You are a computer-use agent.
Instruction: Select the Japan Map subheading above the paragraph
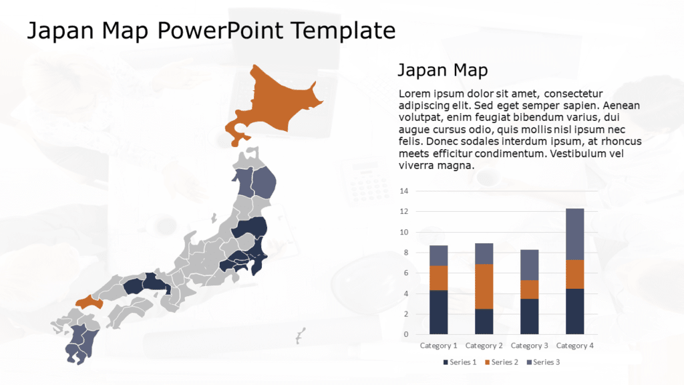(442, 70)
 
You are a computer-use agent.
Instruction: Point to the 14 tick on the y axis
(403, 191)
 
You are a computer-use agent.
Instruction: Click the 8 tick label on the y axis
(404, 253)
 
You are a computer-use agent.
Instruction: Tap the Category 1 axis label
(438, 346)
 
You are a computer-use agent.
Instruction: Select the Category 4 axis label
(575, 346)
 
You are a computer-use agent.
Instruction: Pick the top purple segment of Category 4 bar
(575, 234)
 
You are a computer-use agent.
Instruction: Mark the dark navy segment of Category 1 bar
(439, 311)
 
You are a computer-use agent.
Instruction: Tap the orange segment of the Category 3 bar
(530, 289)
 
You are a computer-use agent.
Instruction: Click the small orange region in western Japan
(89, 302)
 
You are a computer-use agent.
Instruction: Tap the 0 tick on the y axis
(405, 334)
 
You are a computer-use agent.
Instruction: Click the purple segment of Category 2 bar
(484, 253)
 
